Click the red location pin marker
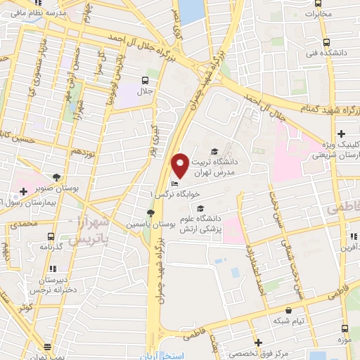click(180, 165)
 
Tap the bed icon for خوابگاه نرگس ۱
click(174, 185)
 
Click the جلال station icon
click(145, 80)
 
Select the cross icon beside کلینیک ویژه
click(341, 134)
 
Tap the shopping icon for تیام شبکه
click(288, 309)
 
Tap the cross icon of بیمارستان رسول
click(23, 191)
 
